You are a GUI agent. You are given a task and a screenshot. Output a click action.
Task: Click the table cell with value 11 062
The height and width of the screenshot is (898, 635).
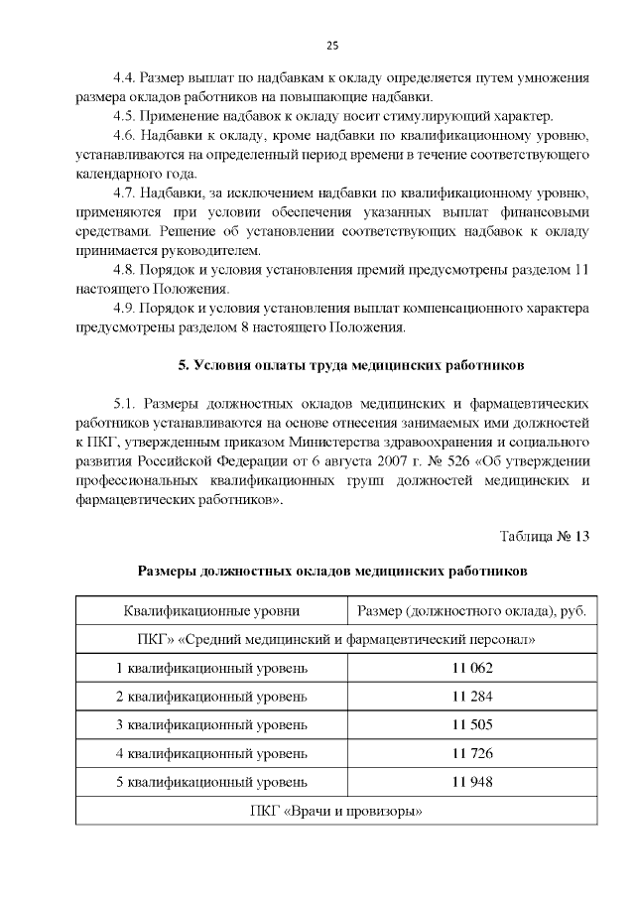coord(471,668)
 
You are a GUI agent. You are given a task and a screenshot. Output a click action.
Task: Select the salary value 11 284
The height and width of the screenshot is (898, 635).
coord(471,696)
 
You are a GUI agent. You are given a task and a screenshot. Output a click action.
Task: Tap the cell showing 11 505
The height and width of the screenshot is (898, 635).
coord(471,724)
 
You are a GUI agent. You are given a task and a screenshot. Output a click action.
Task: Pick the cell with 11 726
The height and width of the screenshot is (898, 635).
coord(471,753)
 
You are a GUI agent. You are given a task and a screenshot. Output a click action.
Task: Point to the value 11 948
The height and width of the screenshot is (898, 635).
coord(471,782)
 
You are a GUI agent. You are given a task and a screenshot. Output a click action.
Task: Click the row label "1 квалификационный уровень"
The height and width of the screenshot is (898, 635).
coord(211,668)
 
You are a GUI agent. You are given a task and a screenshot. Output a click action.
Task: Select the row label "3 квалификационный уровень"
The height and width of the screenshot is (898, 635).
coord(211,724)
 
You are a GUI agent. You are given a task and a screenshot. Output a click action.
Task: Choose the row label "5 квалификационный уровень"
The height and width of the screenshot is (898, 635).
coord(211,782)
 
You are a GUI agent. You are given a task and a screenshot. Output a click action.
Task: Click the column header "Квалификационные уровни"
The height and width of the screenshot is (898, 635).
coord(211,610)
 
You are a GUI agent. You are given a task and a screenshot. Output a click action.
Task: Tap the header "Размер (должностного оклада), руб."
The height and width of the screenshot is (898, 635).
coord(471,610)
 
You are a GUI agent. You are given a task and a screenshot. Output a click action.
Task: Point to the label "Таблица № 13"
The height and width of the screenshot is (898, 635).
coord(545,537)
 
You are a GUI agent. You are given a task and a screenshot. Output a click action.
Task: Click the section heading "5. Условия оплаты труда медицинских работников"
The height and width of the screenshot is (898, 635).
coord(351,365)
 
